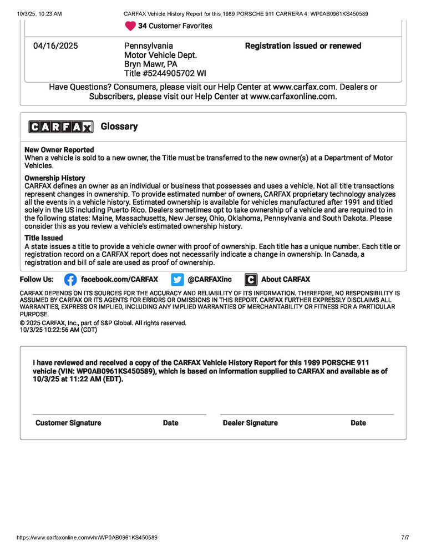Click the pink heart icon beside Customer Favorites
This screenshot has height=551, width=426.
(x=130, y=26)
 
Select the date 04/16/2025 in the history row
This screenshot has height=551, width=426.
(x=55, y=46)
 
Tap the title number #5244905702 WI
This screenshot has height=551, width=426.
(x=165, y=73)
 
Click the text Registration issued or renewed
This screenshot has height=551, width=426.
(x=303, y=46)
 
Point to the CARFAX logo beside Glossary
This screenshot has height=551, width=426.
(x=61, y=127)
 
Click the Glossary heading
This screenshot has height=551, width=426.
(x=119, y=127)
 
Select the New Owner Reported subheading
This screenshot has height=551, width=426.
(x=59, y=150)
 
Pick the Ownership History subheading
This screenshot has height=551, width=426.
(x=55, y=178)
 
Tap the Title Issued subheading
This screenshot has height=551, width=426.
(x=44, y=238)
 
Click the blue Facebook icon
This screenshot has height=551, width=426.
(x=70, y=280)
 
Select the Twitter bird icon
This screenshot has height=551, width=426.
(x=177, y=280)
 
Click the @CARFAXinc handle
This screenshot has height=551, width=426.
(x=210, y=280)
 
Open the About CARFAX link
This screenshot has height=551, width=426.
(x=285, y=280)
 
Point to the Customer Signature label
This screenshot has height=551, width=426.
(x=68, y=423)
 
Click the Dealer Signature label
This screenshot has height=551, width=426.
(x=250, y=423)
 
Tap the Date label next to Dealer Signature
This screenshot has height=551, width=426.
(x=358, y=423)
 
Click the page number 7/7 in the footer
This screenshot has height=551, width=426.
(x=405, y=538)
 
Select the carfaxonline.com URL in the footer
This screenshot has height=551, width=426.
(x=87, y=538)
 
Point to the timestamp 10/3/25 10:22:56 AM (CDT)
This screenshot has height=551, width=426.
(x=58, y=330)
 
